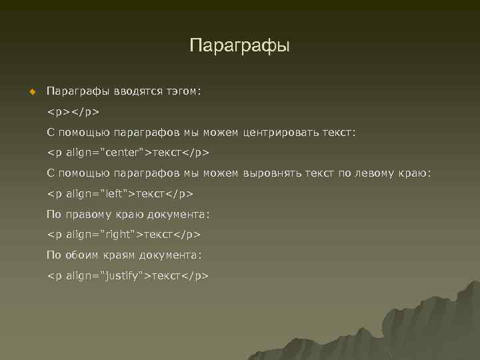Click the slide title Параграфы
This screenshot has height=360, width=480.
pos(240,46)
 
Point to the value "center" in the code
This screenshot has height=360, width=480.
pos(122,153)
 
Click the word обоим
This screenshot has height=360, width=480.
pos(81,255)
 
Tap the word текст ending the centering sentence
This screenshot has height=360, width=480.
pos(339,133)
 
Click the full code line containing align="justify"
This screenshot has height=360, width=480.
pos(127,275)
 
